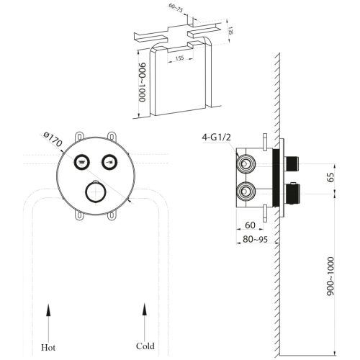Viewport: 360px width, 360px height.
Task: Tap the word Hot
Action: pos(49,346)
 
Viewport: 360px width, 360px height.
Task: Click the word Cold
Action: pos(145,346)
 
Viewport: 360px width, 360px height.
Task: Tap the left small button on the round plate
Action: pos(83,161)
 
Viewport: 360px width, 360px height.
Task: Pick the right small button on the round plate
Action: pos(109,161)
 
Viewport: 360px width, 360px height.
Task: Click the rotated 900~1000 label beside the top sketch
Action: pos(143,81)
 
